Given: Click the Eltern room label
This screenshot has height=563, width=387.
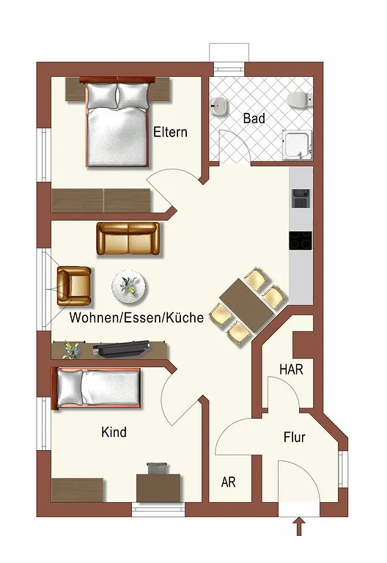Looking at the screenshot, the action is [x=170, y=132].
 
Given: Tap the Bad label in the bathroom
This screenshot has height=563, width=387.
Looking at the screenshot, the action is [x=254, y=118].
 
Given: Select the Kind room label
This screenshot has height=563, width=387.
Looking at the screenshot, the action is [x=114, y=432].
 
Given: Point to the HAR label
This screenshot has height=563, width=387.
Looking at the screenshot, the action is [x=291, y=369].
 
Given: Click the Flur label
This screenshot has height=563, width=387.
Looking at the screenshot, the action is [x=295, y=438].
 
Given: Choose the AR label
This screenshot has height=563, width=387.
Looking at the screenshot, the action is [x=229, y=482].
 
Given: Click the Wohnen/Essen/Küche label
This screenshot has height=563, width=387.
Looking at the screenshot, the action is [x=136, y=317].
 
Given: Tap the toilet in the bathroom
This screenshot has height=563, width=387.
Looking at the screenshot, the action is [x=300, y=99].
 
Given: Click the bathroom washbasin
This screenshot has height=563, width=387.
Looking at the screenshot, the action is [x=219, y=106].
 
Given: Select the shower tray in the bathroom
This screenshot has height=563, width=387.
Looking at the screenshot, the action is [x=298, y=144].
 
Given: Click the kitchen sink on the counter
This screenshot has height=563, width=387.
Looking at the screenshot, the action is [x=301, y=199].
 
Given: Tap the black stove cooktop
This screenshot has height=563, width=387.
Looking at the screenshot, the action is [x=301, y=240].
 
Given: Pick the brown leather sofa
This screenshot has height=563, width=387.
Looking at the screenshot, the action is [x=128, y=238].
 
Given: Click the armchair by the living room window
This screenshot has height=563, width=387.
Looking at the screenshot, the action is [x=74, y=286].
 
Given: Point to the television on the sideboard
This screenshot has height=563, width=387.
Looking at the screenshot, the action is [x=121, y=349].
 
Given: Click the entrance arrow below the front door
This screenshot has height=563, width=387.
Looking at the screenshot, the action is [x=300, y=526].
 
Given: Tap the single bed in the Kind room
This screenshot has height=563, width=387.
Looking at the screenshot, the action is [x=98, y=388].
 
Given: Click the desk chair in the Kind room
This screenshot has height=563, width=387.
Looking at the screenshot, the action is [x=157, y=468].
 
